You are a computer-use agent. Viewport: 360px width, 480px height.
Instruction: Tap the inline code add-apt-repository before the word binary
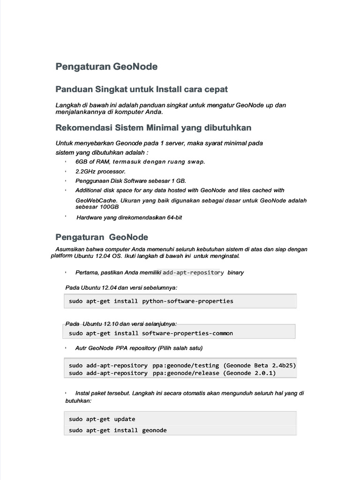click(193, 273)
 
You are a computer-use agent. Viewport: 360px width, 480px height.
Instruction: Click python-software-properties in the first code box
click(187, 301)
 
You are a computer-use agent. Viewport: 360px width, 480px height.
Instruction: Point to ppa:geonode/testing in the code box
click(186, 365)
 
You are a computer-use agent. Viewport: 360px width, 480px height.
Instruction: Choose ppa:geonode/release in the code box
click(186, 373)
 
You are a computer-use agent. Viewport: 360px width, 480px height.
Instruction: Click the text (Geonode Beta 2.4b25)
click(260, 365)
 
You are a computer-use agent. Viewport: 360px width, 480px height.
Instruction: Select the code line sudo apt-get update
click(102, 419)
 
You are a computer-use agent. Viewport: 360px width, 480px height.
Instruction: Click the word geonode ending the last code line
click(154, 430)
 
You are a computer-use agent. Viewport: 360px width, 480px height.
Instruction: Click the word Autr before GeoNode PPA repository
click(81, 348)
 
